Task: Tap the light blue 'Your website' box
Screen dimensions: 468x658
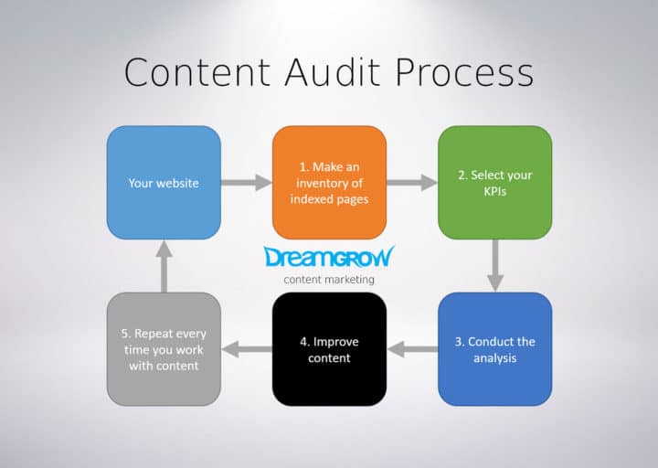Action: coord(164,183)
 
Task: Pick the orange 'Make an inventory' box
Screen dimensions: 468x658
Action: coord(329,183)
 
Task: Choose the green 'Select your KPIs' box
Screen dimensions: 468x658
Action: coord(494,183)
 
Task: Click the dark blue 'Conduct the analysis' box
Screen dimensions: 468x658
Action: coord(494,349)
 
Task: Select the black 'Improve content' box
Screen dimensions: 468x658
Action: coord(329,349)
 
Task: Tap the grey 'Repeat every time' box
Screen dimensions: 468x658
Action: coord(164,349)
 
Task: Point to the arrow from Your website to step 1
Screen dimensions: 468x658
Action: coord(246,183)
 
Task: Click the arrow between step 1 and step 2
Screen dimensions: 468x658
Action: coord(411,183)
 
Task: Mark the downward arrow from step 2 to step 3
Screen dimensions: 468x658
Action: coord(494,265)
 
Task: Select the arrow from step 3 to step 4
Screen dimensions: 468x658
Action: coord(412,349)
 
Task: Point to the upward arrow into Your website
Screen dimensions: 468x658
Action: coord(164,266)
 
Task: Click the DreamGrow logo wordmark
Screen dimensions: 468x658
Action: coord(329,257)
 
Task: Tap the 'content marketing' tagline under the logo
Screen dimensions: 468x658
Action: coord(329,279)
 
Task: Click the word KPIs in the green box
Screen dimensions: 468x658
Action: coord(494,191)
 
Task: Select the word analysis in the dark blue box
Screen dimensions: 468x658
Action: coord(494,357)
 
